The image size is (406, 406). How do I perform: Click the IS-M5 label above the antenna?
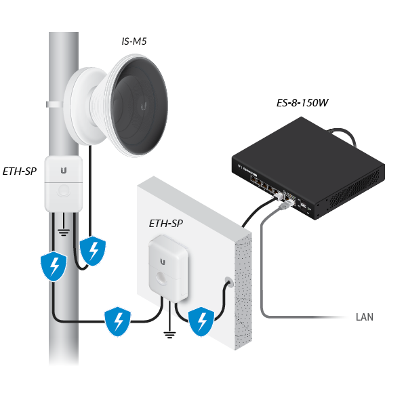click(x=134, y=41)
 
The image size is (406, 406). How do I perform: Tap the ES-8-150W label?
click(x=302, y=103)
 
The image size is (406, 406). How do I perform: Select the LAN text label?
click(x=365, y=317)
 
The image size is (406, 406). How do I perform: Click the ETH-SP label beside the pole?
click(x=20, y=171)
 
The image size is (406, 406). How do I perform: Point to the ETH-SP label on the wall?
click(x=166, y=224)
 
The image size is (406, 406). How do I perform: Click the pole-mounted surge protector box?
click(x=64, y=184)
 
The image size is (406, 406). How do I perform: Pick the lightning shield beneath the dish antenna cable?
click(x=93, y=251)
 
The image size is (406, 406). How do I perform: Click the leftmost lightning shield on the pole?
click(x=54, y=266)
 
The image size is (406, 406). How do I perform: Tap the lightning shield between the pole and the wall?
click(x=117, y=321)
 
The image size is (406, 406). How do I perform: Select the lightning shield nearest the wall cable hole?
click(x=201, y=321)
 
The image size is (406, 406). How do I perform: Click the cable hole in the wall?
click(x=229, y=282)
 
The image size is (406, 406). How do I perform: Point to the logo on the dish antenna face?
click(x=144, y=106)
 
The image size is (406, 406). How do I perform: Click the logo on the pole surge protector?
click(x=64, y=170)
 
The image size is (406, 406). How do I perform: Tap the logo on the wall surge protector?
click(x=163, y=262)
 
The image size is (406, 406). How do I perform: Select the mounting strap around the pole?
click(x=55, y=104)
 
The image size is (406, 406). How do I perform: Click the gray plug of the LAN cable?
click(x=285, y=205)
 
